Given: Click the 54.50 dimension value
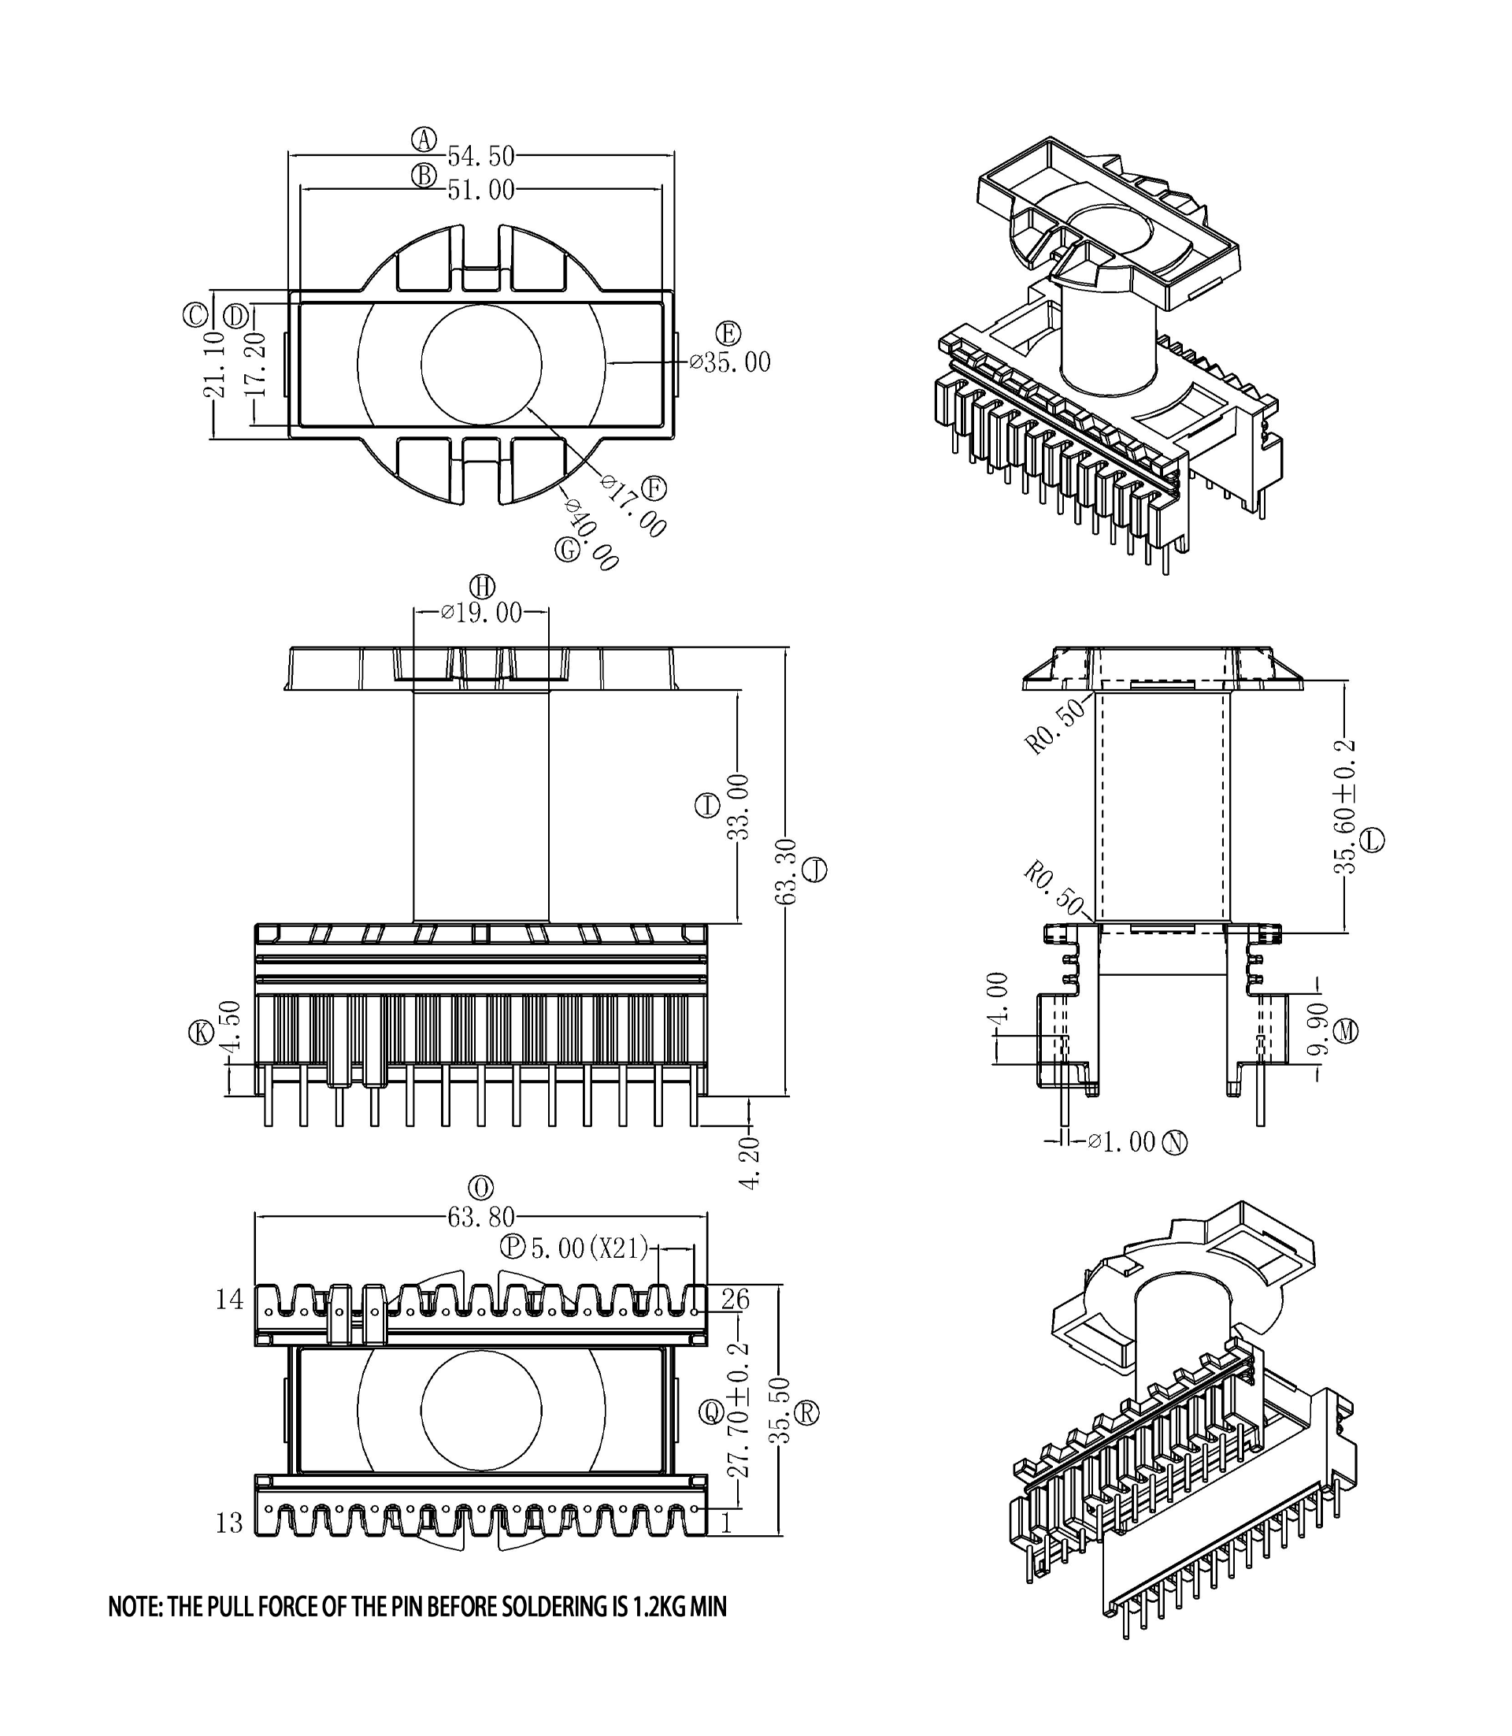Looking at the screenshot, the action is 480,156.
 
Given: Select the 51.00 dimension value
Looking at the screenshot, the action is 480,191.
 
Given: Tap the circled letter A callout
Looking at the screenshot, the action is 424,139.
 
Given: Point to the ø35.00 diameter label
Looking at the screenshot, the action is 730,363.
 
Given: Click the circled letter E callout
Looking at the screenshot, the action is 728,333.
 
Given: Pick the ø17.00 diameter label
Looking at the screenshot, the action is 634,506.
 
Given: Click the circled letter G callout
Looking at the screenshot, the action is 568,551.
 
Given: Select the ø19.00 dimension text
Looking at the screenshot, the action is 482,613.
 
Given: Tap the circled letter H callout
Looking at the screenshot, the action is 482,587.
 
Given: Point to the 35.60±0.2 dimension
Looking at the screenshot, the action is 1345,807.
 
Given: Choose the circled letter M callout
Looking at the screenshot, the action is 1347,1030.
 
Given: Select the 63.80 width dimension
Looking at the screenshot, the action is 481,1217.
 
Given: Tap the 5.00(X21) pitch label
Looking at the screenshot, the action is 589,1248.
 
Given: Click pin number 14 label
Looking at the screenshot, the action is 229,1300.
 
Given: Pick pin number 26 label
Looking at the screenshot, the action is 735,1300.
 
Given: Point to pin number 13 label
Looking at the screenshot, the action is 229,1523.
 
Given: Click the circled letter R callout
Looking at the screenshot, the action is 807,1413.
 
